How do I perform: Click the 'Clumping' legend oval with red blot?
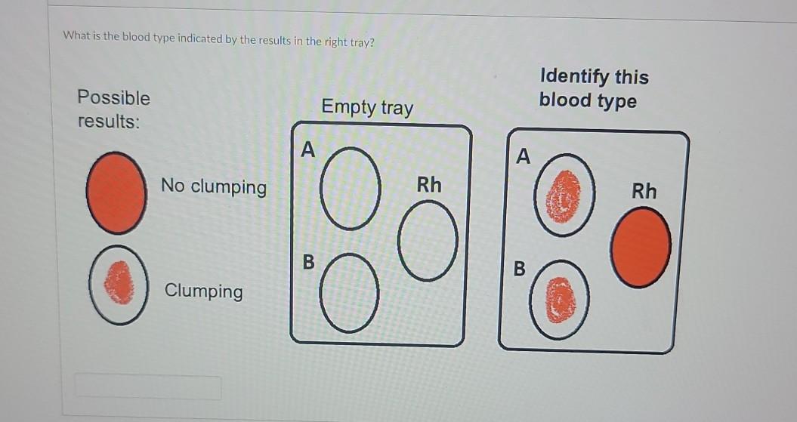[117, 285]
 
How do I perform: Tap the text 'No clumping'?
[213, 186]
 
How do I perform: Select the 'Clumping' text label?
[203, 291]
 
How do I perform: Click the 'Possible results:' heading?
[113, 109]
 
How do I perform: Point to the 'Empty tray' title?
[367, 107]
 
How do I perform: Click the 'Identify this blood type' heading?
[594, 88]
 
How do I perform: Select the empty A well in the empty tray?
[348, 189]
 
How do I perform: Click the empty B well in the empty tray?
[348, 294]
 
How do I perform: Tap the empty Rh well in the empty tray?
[430, 242]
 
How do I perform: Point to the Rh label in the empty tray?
[429, 185]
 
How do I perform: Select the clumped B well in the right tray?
[561, 300]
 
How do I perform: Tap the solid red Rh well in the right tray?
[641, 248]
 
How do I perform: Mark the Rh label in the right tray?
[644, 191]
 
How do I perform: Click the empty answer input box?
[147, 387]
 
